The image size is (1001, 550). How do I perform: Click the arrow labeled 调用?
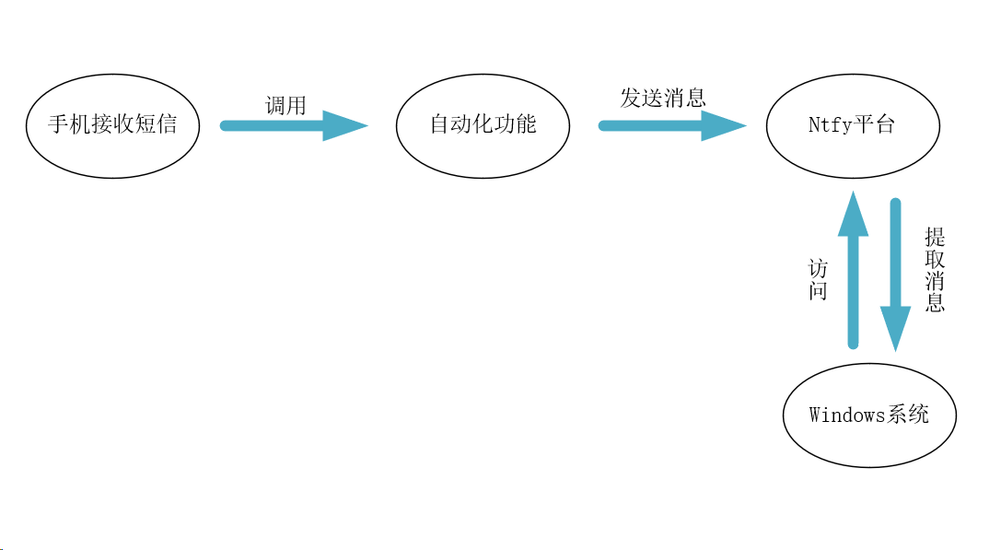point(276,125)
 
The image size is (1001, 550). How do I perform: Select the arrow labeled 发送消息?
point(654,125)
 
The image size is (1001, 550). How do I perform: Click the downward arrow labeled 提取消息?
point(895,258)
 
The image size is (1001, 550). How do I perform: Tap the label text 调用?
point(285,105)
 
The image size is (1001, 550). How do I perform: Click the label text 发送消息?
point(662,98)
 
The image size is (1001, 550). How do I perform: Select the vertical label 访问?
point(818,280)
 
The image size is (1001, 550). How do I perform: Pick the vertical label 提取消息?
point(935,270)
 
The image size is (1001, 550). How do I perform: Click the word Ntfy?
point(830,125)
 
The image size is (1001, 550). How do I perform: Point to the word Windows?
point(847,415)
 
